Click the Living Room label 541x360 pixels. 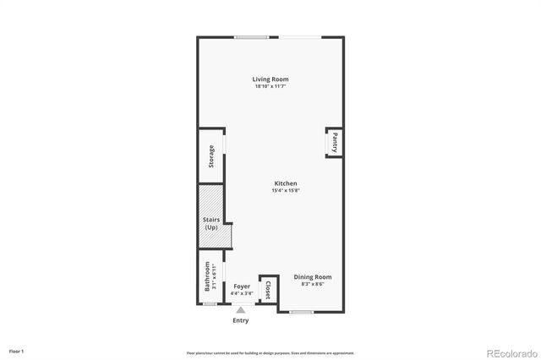270,79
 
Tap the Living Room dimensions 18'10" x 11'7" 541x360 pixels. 270,86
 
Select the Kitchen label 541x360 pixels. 286,183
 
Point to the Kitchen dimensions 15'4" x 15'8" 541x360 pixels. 286,190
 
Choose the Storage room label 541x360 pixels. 211,157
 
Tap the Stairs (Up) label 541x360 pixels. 211,224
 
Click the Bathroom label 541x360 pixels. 207,276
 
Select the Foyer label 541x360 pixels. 242,287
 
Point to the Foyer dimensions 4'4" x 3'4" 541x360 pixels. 242,294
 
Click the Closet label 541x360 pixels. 268,291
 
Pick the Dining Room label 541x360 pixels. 312,276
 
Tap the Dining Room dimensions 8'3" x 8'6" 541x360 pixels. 312,283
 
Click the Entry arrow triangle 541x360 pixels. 241,310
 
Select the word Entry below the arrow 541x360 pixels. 241,320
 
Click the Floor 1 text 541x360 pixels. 17,350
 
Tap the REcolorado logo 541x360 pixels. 510,352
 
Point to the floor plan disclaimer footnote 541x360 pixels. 270,352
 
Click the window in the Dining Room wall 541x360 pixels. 302,312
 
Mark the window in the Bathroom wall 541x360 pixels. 209,303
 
